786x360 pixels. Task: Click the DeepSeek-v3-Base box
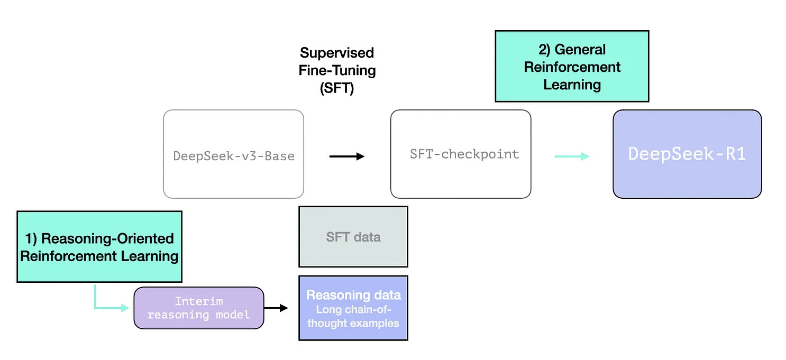pos(233,154)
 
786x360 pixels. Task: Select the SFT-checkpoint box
pos(461,154)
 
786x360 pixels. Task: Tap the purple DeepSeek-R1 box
pos(687,154)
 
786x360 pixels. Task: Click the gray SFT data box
pos(353,237)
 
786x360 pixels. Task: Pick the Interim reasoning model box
pos(198,308)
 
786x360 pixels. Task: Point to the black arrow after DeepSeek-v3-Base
pos(346,156)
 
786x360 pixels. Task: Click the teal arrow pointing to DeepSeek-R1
pos(572,156)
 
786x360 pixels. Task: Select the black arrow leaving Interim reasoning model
pos(276,308)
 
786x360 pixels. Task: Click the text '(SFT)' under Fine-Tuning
pos(337,88)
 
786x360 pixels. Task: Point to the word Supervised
pos(337,53)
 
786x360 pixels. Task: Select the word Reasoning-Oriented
pos(107,239)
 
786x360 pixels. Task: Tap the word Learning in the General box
pos(572,85)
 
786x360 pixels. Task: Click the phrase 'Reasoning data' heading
pos(353,295)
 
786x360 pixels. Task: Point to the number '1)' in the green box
pos(31,239)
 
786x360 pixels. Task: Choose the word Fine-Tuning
pos(337,70)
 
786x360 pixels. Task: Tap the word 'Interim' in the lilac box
pos(199,301)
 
